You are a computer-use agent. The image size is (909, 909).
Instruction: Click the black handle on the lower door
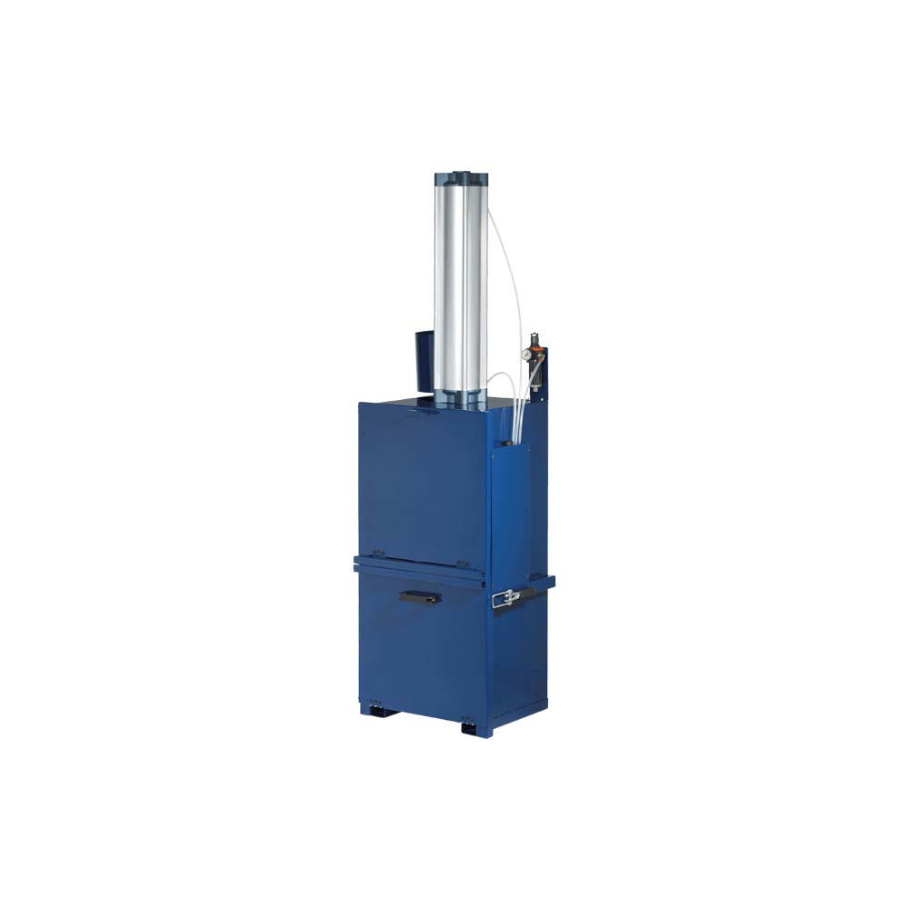(419, 597)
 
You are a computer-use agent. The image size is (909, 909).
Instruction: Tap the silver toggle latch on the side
(506, 598)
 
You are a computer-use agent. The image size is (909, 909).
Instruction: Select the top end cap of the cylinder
(461, 174)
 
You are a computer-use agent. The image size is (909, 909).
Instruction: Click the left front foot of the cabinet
(379, 708)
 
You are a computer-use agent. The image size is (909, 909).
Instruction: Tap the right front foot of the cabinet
(474, 727)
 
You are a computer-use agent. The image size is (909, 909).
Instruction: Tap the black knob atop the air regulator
(534, 336)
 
